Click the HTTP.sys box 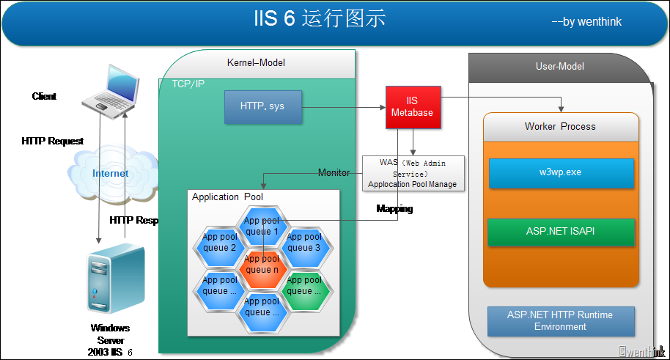262,107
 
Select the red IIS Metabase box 413,107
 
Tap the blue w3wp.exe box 561,174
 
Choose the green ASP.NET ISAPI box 561,231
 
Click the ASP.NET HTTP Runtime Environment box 561,321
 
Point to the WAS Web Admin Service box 413,173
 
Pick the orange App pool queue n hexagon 262,264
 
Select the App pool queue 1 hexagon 262,226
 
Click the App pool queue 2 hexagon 219,243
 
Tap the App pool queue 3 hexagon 303,243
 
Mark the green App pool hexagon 303,286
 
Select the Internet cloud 110,173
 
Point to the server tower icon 110,279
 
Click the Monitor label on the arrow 334,172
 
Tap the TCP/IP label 188,84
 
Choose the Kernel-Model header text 256,63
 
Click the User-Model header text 560,67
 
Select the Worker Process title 560,126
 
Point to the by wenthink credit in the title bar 586,22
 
